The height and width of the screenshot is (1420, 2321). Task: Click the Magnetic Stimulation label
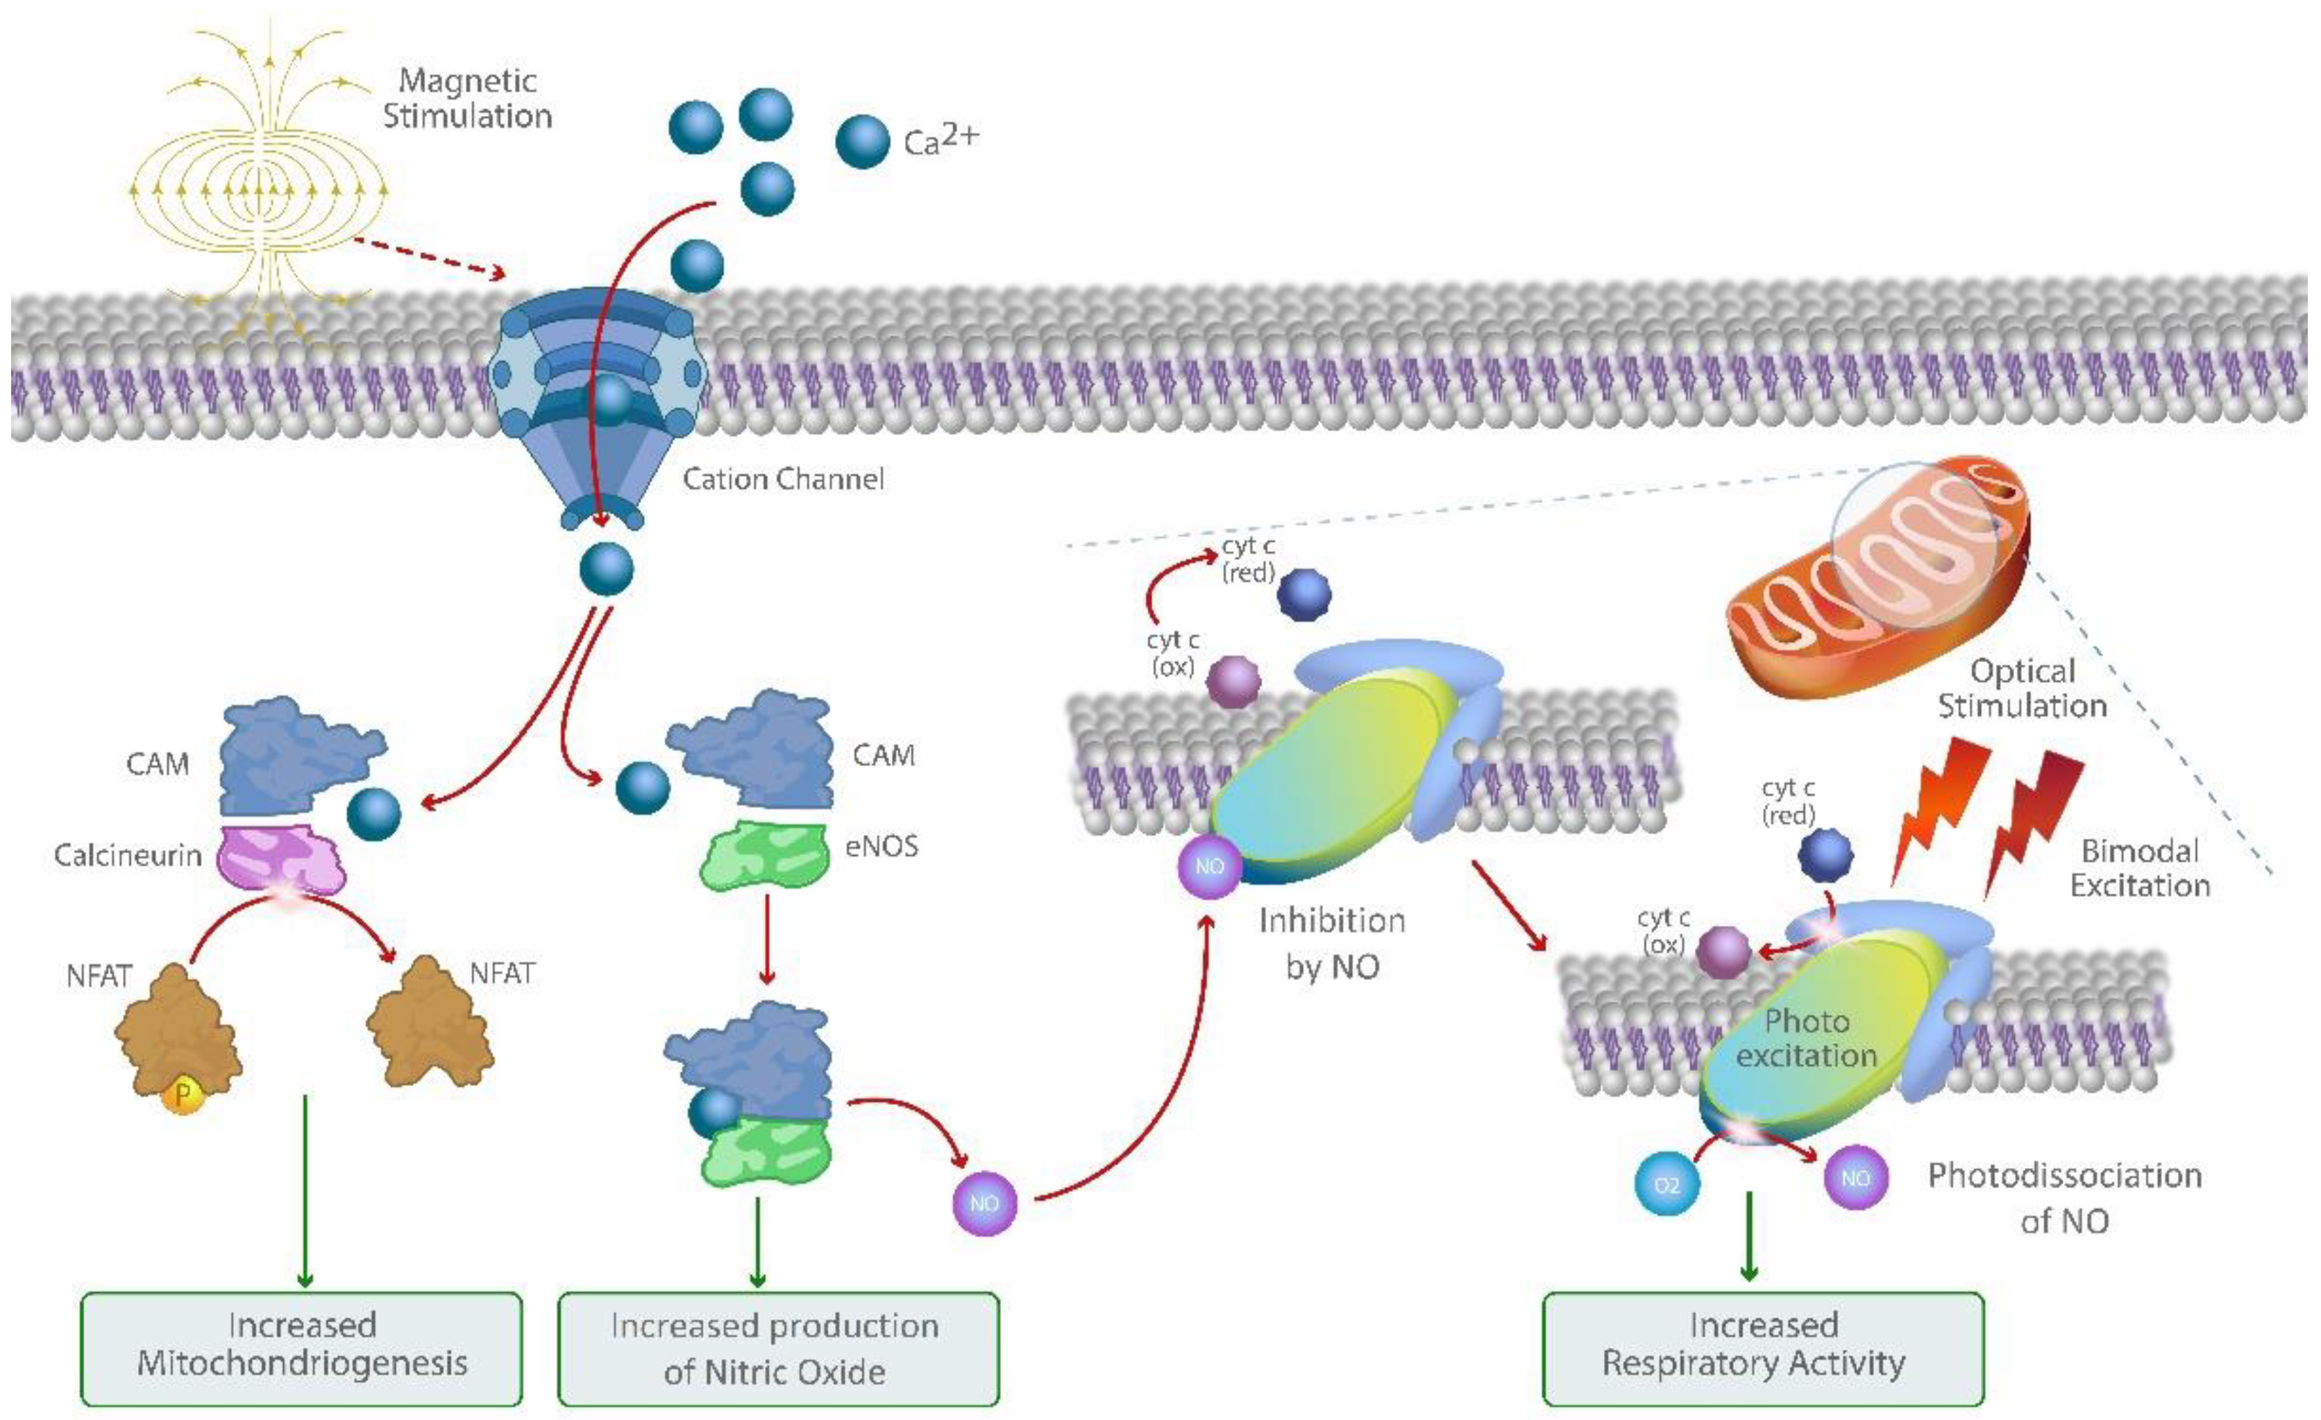point(467,98)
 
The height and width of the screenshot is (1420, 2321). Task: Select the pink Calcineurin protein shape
point(280,858)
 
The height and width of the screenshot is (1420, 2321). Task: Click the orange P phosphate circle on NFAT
point(183,1094)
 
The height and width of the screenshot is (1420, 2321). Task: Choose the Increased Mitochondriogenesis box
point(301,1346)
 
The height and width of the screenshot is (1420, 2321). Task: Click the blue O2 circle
point(1666,1183)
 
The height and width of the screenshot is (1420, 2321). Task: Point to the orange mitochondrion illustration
point(1875,584)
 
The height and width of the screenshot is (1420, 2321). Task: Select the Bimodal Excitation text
point(2139,868)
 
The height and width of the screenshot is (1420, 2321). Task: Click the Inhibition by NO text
point(1332,943)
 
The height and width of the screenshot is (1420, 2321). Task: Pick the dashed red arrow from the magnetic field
point(429,258)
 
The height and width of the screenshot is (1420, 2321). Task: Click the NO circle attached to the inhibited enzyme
point(1210,865)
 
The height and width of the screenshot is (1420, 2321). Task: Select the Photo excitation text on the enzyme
point(1806,1038)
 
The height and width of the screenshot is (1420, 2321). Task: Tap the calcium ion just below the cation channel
point(606,568)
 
